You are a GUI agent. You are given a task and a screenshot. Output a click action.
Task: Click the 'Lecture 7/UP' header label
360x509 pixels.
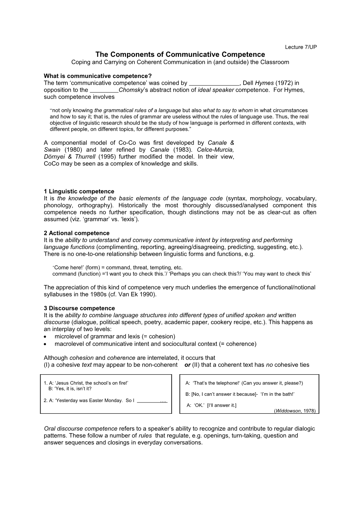(301, 48)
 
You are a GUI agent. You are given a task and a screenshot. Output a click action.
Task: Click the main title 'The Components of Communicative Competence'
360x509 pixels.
(180, 54)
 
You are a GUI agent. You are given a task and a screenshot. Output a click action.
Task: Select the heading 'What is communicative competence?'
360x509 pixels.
(97, 76)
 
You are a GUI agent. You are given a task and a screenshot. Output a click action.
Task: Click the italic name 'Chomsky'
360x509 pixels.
(131, 90)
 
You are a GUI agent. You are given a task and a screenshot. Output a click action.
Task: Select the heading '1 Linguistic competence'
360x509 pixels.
(79, 192)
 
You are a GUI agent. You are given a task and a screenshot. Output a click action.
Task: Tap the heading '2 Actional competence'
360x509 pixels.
(77, 233)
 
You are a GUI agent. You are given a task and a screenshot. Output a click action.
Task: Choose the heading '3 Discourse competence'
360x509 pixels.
(79, 308)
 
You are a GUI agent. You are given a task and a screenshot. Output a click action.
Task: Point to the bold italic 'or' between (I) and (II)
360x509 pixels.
(187, 365)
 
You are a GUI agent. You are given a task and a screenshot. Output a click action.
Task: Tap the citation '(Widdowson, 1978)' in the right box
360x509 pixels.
(295, 411)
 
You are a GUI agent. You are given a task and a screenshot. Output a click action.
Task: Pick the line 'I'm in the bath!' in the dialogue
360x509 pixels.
(277, 394)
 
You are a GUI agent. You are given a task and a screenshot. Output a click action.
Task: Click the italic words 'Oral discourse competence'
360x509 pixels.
(80, 429)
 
